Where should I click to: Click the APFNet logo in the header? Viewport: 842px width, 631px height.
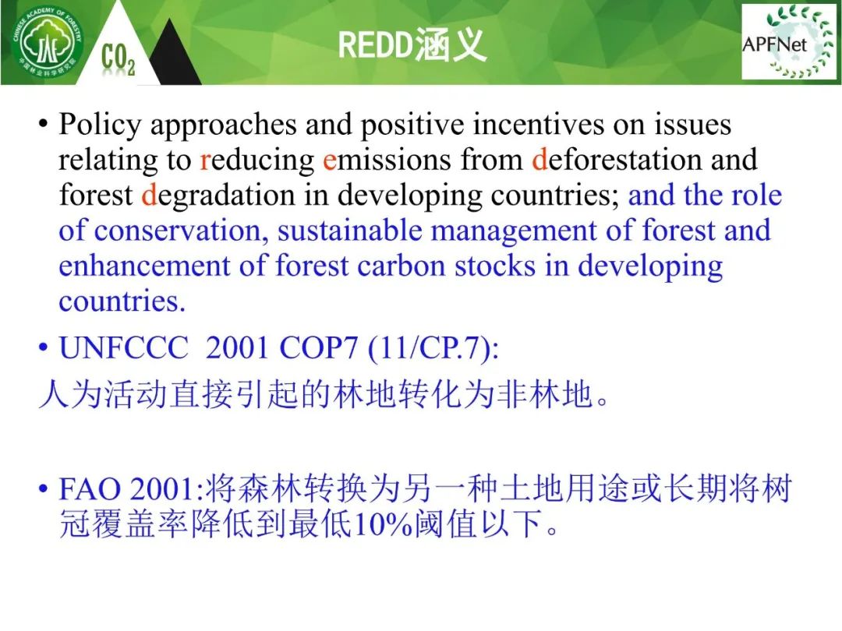click(789, 42)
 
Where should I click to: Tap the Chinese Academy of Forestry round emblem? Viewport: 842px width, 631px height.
click(48, 42)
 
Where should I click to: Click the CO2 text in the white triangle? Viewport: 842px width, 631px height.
click(119, 59)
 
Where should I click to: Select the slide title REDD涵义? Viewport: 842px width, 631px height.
click(412, 45)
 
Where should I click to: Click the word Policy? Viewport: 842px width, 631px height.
click(100, 125)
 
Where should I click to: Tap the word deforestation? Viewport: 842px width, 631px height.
click(617, 160)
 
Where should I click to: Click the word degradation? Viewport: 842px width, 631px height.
click(218, 196)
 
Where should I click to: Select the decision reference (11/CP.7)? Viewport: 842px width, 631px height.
click(433, 348)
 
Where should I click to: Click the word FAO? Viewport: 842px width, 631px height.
click(90, 489)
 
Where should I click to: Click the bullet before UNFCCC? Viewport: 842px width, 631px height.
click(44, 349)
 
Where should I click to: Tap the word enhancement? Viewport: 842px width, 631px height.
click(144, 266)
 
